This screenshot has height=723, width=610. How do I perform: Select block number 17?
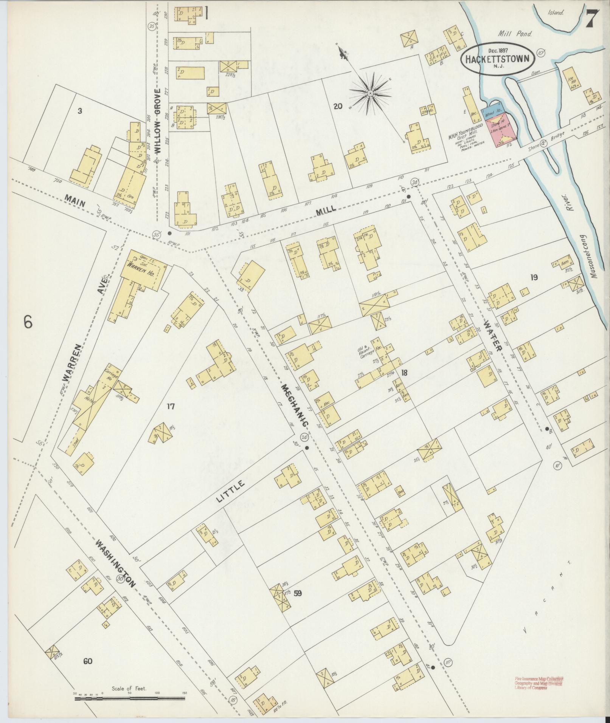pyautogui.click(x=171, y=406)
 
